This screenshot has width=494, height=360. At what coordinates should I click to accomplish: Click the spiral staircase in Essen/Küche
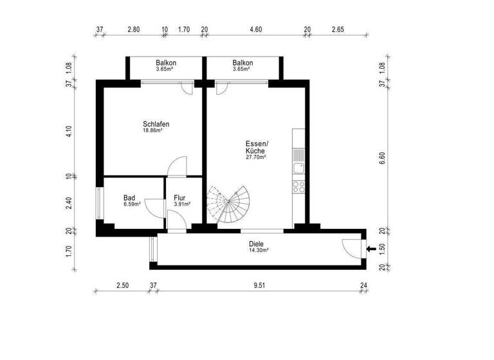pyautogui.click(x=230, y=204)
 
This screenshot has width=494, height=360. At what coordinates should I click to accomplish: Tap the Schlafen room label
pyautogui.click(x=156, y=124)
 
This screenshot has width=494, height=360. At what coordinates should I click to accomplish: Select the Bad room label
pyautogui.click(x=129, y=198)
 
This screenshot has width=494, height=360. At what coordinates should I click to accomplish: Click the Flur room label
pyautogui.click(x=179, y=198)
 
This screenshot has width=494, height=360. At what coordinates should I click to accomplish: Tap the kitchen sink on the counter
pyautogui.click(x=299, y=168)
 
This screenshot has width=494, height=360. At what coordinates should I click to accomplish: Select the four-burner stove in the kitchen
pyautogui.click(x=299, y=187)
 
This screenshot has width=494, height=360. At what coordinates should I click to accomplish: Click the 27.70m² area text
pyautogui.click(x=256, y=157)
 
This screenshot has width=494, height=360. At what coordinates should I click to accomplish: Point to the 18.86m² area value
pyautogui.click(x=152, y=130)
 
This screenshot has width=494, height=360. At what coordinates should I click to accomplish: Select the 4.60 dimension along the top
pyautogui.click(x=255, y=30)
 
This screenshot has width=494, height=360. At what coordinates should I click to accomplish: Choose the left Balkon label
pyautogui.click(x=166, y=63)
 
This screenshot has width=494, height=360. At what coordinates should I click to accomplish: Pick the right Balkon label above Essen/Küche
pyautogui.click(x=242, y=63)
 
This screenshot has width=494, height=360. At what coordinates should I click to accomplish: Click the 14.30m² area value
pyautogui.click(x=259, y=251)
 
